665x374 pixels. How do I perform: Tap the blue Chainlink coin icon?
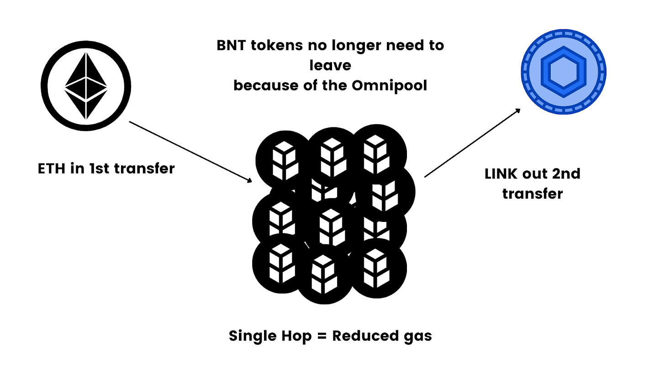pos(564,72)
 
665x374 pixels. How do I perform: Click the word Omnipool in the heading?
pos(389,85)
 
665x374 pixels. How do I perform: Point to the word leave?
pos(330,65)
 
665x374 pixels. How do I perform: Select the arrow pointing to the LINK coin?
pos(473,142)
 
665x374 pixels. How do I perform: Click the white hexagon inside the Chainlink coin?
pos(564,72)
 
